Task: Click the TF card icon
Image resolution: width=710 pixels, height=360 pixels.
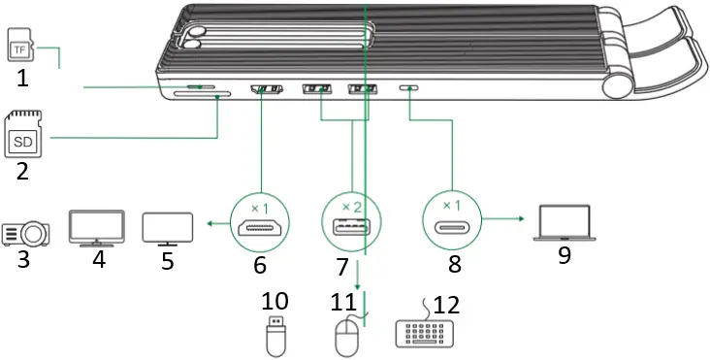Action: click(x=20, y=44)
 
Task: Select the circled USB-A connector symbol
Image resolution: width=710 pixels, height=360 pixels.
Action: click(x=350, y=228)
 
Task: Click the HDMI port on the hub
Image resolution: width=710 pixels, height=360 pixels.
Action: click(x=266, y=90)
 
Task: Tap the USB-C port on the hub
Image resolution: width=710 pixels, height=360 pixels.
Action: click(x=411, y=89)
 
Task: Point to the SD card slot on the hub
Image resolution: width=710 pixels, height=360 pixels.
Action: click(x=202, y=95)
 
